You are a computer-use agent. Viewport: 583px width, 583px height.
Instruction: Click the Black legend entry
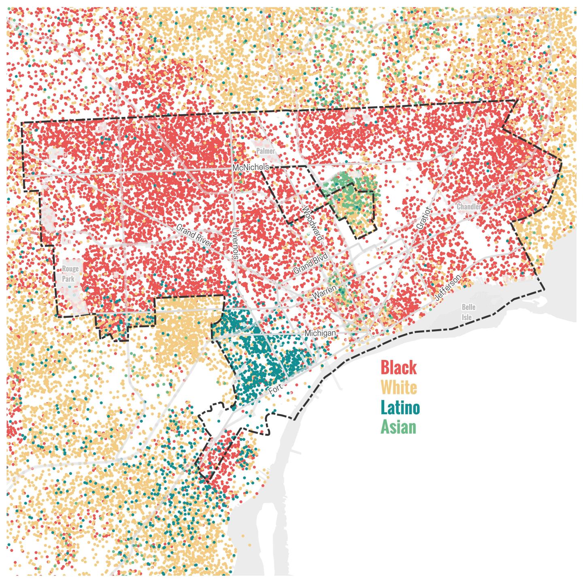[398, 368]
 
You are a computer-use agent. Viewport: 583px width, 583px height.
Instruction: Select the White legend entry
[399, 387]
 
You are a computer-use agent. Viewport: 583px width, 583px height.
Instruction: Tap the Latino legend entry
[400, 407]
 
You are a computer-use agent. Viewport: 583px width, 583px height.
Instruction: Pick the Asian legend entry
[398, 427]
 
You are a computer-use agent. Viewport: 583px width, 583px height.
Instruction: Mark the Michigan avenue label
[320, 333]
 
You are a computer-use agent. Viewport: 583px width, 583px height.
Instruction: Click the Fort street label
[276, 389]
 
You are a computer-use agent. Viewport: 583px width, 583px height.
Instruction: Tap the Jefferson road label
[447, 287]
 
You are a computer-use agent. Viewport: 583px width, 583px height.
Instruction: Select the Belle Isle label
[468, 312]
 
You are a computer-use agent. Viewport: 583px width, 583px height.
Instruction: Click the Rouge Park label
[70, 274]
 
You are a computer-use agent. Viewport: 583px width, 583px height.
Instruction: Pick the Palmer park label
[266, 151]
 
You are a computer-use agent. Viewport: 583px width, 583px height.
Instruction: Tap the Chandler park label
[469, 207]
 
